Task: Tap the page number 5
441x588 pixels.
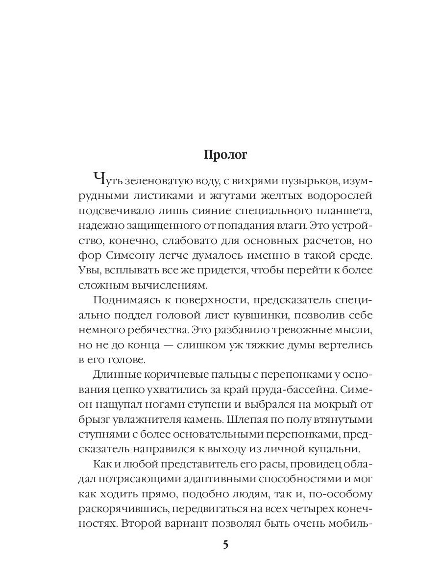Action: pyautogui.click(x=225, y=545)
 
